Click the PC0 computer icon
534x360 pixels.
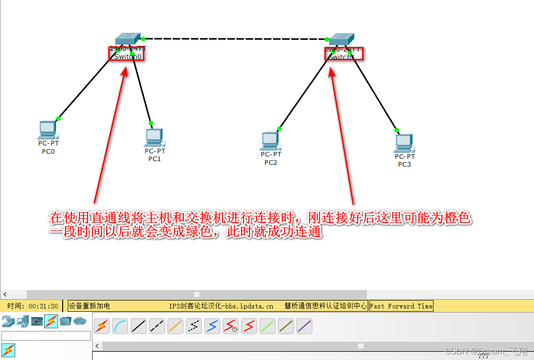pos(47,129)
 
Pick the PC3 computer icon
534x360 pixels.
pos(404,143)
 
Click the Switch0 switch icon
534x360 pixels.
pos(127,39)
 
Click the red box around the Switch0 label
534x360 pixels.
pos(126,54)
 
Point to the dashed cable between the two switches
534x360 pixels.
pos(235,39)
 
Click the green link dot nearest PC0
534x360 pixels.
pos(59,118)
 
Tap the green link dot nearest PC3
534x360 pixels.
pos(397,130)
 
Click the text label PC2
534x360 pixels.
pos(271,163)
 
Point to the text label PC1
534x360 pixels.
pos(155,159)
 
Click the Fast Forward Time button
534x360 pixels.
pos(401,306)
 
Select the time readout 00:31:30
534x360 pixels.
pos(43,306)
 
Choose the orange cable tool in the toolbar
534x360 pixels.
pos(176,326)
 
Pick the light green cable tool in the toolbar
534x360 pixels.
pos(267,326)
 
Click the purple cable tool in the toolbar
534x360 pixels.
pos(304,326)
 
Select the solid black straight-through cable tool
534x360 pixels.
pos(139,326)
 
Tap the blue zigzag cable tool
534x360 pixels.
pos(212,326)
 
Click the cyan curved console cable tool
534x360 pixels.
pos(120,326)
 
